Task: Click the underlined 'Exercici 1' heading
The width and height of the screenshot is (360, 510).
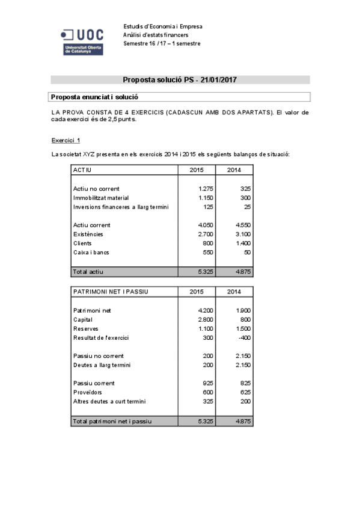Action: coord(66,140)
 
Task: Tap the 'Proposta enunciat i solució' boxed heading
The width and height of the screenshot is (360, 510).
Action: coord(95,96)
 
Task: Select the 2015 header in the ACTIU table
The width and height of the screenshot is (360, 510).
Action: coord(197,170)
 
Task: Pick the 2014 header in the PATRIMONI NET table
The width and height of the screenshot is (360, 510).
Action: coord(234,292)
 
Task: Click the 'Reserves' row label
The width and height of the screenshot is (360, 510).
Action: coord(85,328)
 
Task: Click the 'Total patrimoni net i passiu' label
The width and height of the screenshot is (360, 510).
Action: coord(112,421)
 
